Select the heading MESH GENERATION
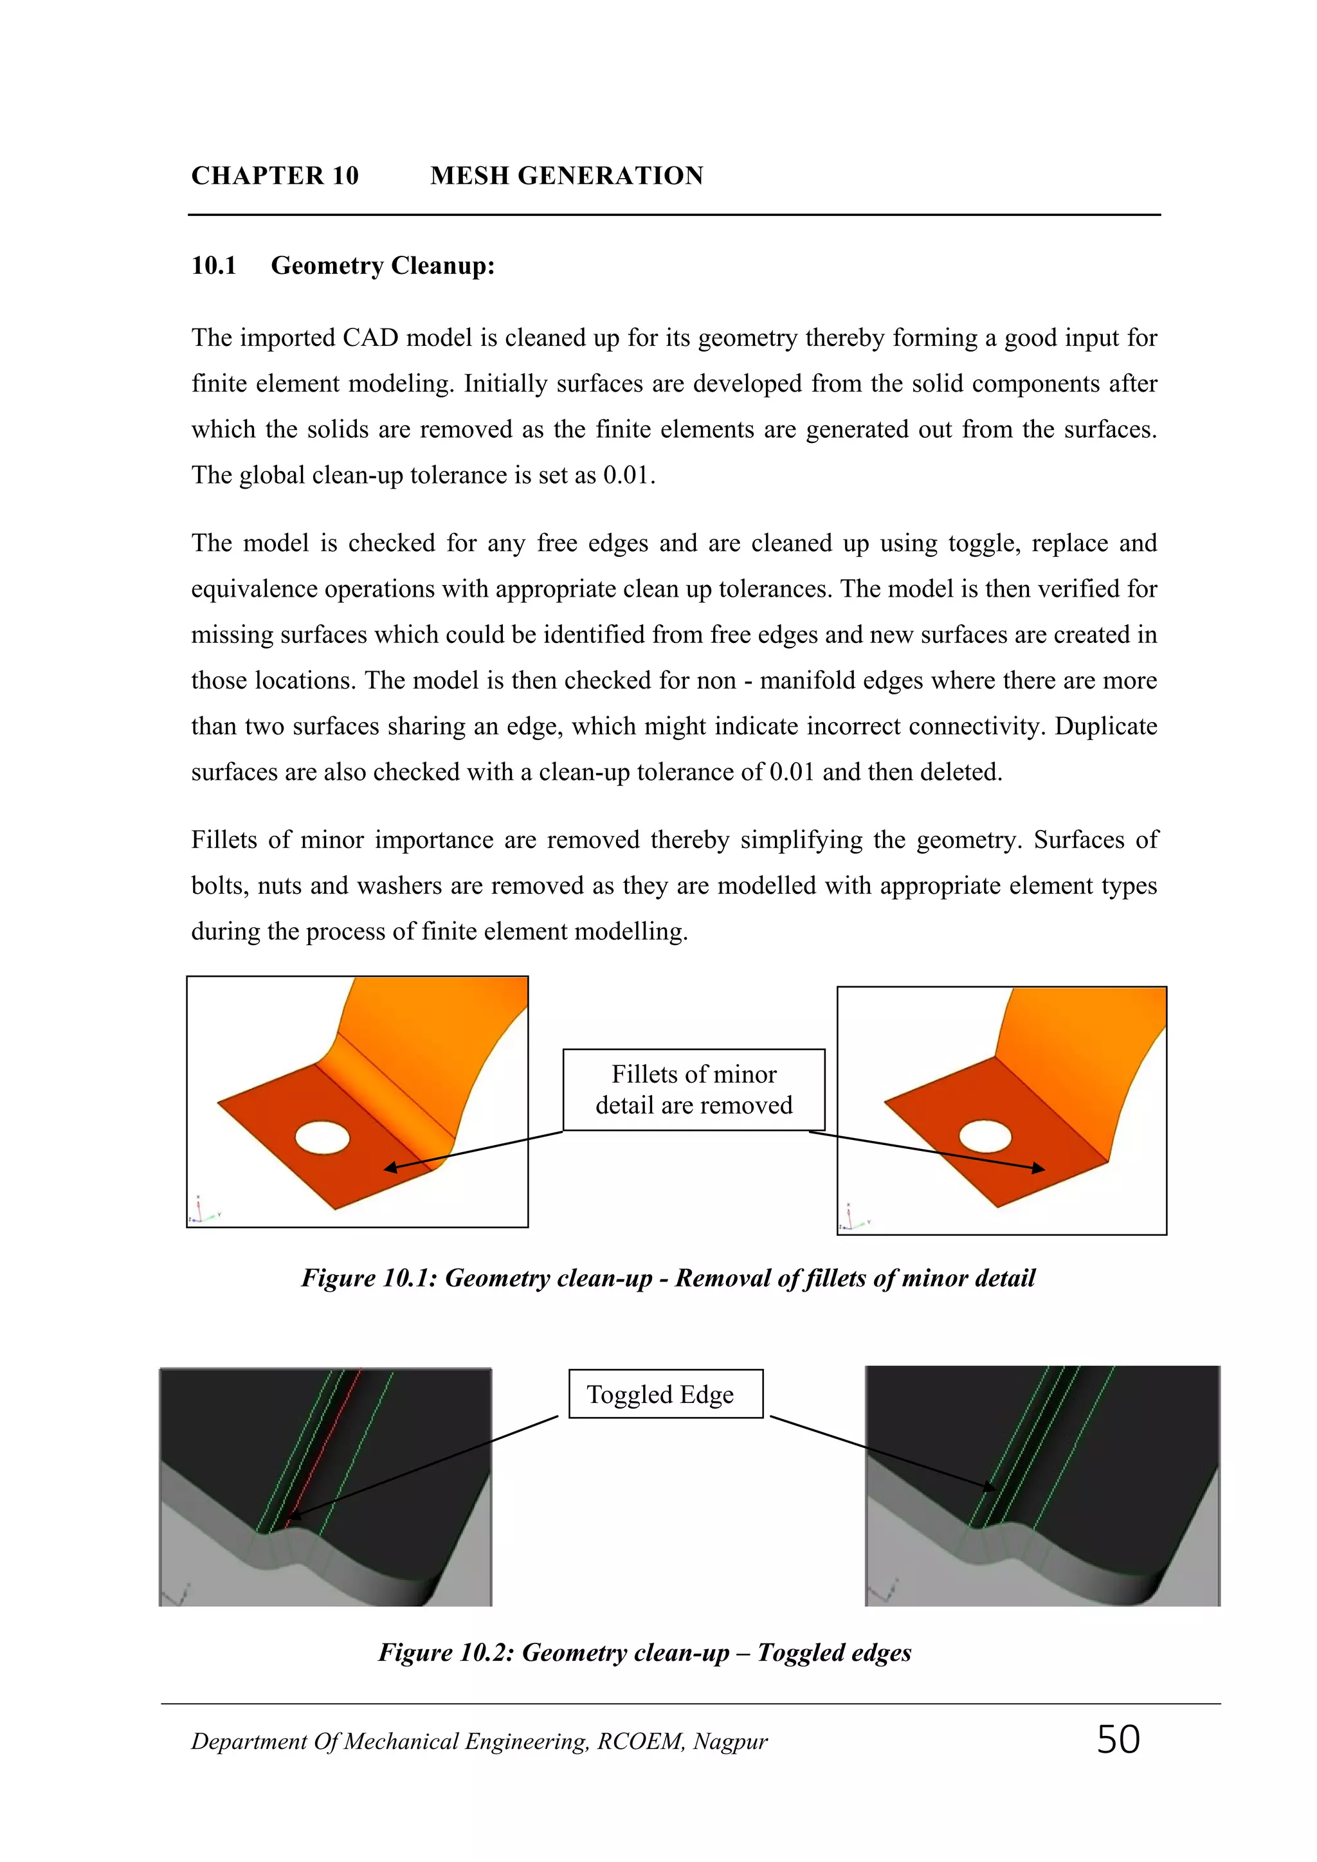coord(566,176)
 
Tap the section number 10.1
coord(213,266)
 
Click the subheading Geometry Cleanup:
coord(382,266)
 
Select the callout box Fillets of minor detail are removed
coord(693,1089)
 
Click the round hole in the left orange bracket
coord(322,1137)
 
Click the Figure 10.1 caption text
coord(668,1278)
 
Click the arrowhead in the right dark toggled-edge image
coord(991,1487)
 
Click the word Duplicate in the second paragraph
coord(1105,726)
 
